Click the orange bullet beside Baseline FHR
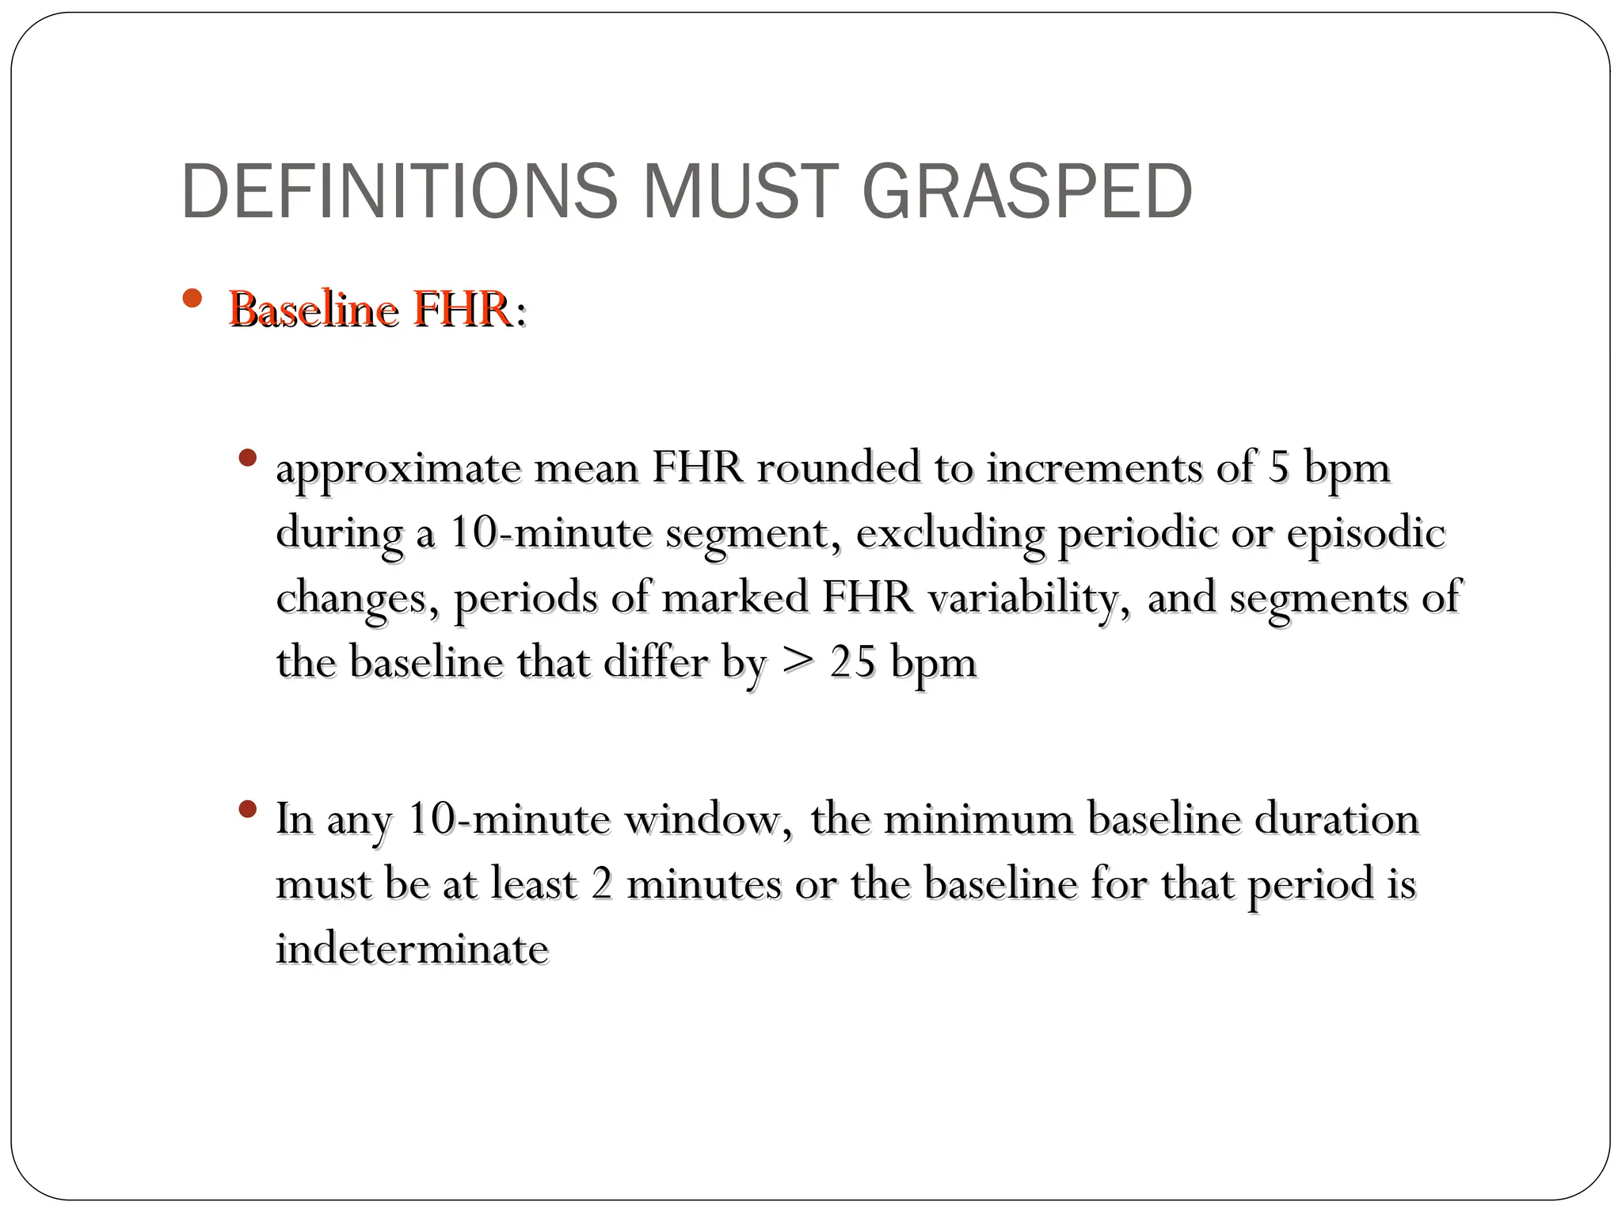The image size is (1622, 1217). click(192, 299)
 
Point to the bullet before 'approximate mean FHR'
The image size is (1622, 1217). click(248, 458)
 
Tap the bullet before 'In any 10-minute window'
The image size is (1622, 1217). click(248, 809)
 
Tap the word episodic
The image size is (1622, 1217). click(1366, 532)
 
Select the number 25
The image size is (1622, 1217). click(853, 662)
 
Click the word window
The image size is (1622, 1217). click(708, 819)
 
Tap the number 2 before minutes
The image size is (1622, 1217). click(602, 884)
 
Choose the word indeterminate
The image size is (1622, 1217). click(412, 949)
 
